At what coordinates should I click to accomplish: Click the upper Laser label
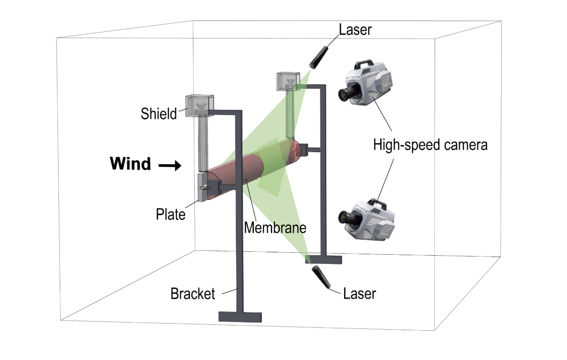click(x=355, y=29)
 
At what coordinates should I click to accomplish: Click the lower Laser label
click(x=359, y=293)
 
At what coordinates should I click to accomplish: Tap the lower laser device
click(x=321, y=276)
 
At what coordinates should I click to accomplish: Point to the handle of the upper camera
click(x=363, y=64)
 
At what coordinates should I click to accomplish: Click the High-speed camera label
click(x=430, y=145)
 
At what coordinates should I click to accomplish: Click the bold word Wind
click(x=130, y=163)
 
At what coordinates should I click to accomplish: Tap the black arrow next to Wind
click(x=170, y=165)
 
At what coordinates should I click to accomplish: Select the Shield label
click(x=158, y=113)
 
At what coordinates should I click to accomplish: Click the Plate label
click(x=170, y=214)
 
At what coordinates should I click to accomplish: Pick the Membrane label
click(x=275, y=228)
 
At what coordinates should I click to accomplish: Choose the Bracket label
click(x=193, y=293)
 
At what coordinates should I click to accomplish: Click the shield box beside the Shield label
click(x=199, y=106)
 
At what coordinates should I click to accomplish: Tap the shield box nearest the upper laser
click(x=288, y=82)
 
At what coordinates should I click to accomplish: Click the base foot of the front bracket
click(x=240, y=317)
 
